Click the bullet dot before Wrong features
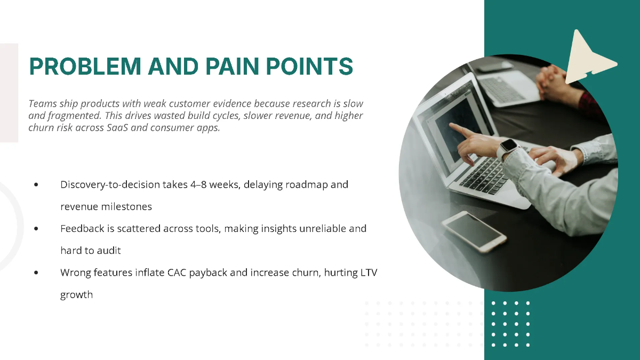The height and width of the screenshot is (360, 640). pos(36,273)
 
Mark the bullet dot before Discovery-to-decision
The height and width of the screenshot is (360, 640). pos(36,185)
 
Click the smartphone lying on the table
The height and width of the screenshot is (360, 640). pos(474,230)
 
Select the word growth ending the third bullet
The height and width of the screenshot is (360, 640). pos(76,294)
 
